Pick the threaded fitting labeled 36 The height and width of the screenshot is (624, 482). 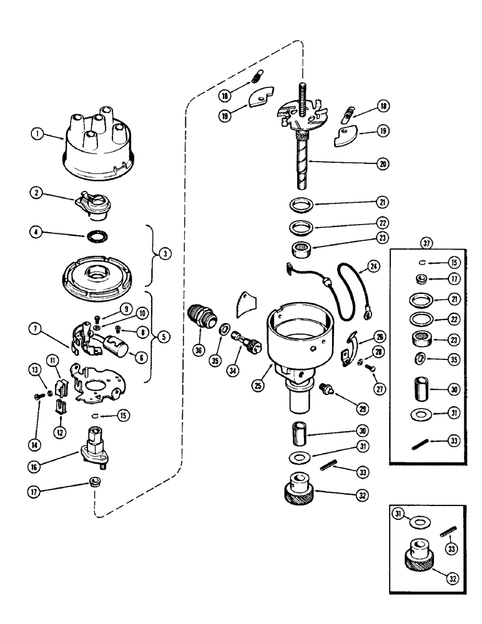(204, 309)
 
